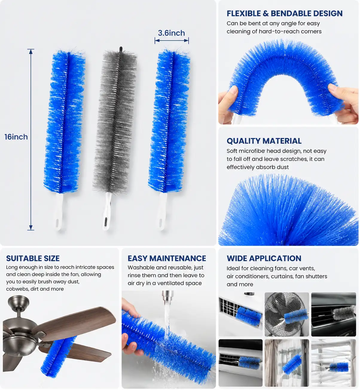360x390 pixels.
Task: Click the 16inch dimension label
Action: [x=16, y=137]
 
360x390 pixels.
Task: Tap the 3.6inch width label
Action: [x=171, y=33]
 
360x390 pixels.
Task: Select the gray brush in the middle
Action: [x=115, y=137]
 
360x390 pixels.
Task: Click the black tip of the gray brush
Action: [x=121, y=49]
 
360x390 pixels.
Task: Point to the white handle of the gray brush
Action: [x=107, y=211]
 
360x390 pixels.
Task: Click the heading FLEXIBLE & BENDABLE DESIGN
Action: [x=284, y=13]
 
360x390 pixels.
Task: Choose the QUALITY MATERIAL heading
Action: [x=264, y=141]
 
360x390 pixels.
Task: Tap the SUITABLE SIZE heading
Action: [x=33, y=258]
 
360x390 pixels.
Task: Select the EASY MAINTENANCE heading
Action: [x=167, y=258]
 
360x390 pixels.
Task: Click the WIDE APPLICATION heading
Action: [x=264, y=258]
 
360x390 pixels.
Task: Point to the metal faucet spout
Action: [x=168, y=297]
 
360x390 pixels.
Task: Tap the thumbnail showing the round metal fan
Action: [x=287, y=314]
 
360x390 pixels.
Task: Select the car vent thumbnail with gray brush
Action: [x=333, y=314]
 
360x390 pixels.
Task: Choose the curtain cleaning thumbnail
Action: [x=287, y=363]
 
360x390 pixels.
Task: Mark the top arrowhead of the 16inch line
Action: [x=31, y=51]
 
